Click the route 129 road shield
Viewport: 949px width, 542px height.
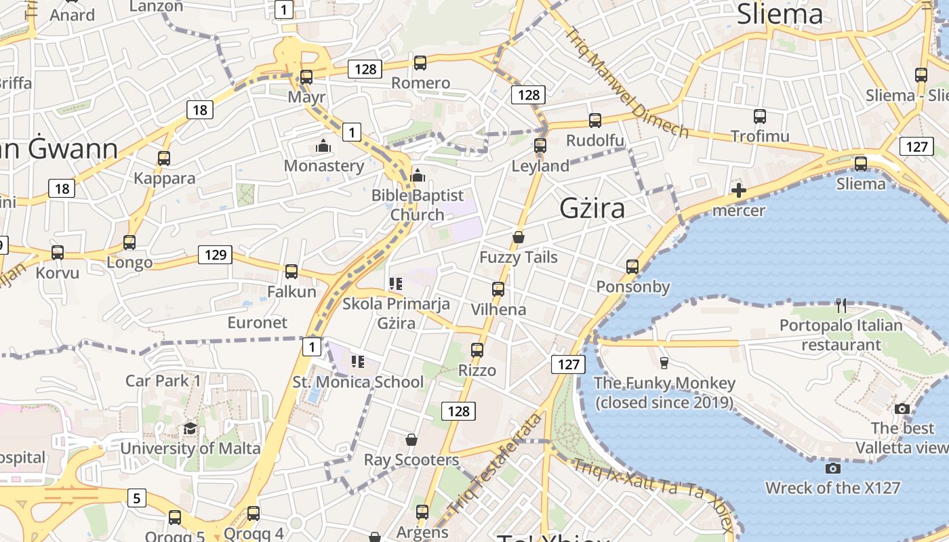(215, 255)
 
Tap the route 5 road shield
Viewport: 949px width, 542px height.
(137, 499)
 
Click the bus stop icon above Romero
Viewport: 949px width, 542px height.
(420, 63)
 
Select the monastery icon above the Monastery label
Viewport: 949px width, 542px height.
(323, 146)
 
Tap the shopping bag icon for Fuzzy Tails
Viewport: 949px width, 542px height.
(519, 237)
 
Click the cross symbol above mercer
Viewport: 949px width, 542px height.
(739, 190)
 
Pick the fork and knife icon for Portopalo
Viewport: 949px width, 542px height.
(841, 305)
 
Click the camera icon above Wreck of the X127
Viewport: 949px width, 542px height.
(833, 468)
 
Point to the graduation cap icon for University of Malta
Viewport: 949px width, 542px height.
(190, 428)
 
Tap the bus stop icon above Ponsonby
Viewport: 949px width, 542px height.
(632, 267)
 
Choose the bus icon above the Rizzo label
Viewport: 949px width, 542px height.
(477, 350)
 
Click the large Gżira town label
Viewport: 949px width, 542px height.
(592, 209)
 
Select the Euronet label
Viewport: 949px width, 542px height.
(258, 322)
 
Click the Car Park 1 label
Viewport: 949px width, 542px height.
(163, 381)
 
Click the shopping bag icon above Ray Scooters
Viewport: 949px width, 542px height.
(411, 440)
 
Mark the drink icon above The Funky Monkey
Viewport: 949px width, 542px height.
(664, 362)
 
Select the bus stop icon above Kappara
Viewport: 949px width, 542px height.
(164, 159)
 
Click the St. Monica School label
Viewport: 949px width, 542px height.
(358, 382)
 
